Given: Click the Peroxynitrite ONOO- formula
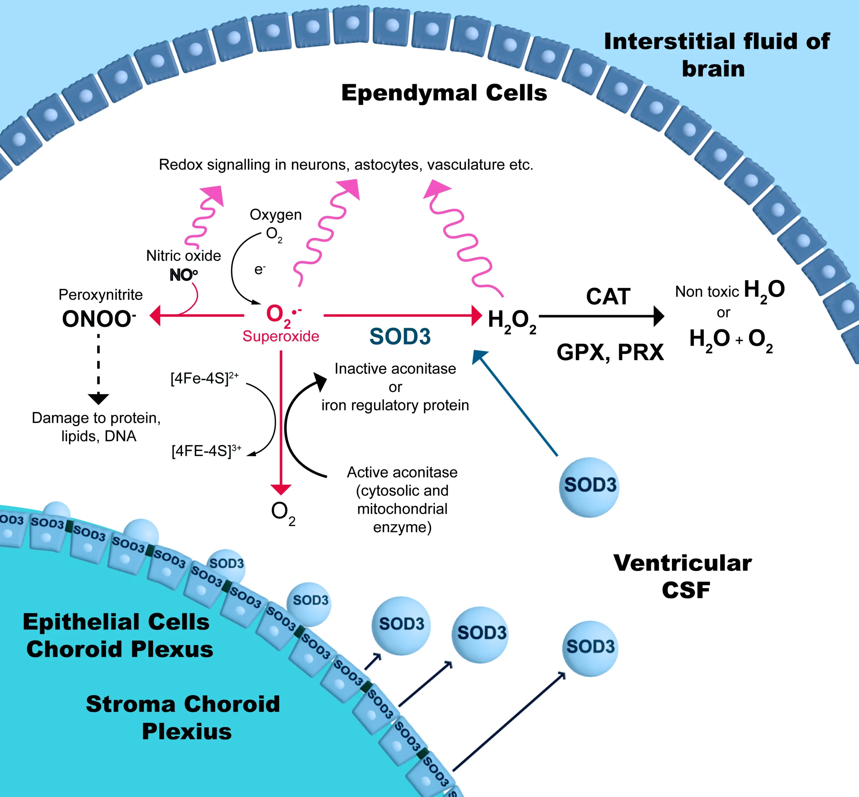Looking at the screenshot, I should tap(98, 319).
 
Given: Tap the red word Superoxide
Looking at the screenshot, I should tap(281, 336).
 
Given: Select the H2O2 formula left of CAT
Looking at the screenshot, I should tap(512, 321).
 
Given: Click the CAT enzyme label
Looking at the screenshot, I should tap(608, 297).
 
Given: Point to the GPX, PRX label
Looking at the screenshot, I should tap(610, 352).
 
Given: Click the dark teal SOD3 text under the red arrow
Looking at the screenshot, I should tap(400, 336).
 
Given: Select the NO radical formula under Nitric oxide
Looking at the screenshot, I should tap(183, 275).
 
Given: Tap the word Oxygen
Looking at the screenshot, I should tap(275, 215).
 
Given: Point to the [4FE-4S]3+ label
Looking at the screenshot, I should tap(206, 451).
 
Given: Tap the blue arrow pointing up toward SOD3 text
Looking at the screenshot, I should tap(515, 403).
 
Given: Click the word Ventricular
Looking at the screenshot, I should tap(682, 563).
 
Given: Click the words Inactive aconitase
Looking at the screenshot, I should tap(395, 369).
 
